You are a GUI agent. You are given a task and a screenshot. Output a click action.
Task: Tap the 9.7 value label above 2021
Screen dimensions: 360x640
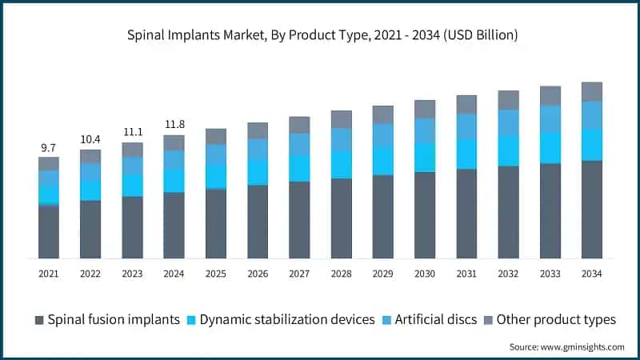pyautogui.click(x=49, y=148)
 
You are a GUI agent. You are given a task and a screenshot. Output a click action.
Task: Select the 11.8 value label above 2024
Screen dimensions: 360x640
pyautogui.click(x=174, y=124)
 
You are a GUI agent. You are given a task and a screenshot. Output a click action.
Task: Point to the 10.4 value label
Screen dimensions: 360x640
pyautogui.click(x=90, y=140)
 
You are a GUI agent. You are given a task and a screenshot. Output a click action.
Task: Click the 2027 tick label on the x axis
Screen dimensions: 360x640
pyautogui.click(x=299, y=274)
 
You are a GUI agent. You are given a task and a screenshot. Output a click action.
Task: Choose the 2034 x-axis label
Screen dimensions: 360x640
pyautogui.click(x=592, y=274)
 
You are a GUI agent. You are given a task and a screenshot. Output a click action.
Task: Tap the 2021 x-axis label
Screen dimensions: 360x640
pyautogui.click(x=49, y=274)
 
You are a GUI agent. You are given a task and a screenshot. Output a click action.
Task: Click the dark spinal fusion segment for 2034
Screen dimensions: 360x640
pyautogui.click(x=592, y=210)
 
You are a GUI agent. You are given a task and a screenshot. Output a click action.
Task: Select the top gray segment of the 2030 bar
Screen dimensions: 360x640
pyautogui.click(x=425, y=110)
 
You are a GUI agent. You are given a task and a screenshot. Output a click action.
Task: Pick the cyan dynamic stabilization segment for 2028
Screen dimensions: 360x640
pyautogui.click(x=342, y=165)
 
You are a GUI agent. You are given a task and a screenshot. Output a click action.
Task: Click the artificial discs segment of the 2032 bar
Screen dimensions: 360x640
pyautogui.click(x=508, y=122)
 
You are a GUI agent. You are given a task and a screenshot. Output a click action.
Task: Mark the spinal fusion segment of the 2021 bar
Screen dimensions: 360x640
pyautogui.click(x=49, y=231)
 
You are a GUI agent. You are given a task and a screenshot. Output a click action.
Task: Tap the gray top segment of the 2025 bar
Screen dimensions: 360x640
pyautogui.click(x=216, y=136)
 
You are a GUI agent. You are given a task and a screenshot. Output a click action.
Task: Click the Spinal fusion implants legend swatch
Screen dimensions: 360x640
pyautogui.click(x=39, y=320)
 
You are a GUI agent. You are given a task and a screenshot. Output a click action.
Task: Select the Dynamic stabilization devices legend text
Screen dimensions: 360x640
pyautogui.click(x=287, y=319)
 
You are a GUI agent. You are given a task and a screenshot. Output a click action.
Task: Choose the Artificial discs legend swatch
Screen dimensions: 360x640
pyautogui.click(x=388, y=320)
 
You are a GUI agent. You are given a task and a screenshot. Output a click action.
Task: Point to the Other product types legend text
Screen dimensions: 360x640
pyautogui.click(x=556, y=319)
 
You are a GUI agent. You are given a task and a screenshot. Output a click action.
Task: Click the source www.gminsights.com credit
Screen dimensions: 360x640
pyautogui.click(x=566, y=346)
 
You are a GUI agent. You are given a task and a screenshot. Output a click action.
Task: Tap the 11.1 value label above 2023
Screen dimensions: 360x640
pyautogui.click(x=132, y=132)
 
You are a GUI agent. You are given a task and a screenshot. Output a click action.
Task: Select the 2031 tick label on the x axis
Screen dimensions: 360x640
pyautogui.click(x=466, y=274)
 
